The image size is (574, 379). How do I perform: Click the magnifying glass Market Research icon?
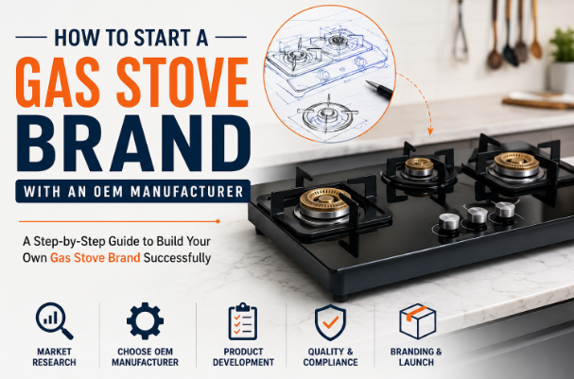tap(54, 320)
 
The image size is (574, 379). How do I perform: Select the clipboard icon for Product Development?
tap(243, 321)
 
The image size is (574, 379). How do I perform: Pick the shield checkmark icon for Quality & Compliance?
tap(330, 322)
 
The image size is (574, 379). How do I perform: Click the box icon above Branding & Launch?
tap(418, 321)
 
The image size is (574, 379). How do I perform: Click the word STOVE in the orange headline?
tap(183, 82)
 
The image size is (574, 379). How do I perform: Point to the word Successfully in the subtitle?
tap(177, 258)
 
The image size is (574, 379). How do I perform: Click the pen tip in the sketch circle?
tap(367, 82)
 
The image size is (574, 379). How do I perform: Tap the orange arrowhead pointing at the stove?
tap(430, 131)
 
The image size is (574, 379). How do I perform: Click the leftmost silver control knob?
tap(449, 222)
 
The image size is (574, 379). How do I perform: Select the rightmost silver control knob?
tap(505, 209)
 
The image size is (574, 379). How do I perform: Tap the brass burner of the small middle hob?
tap(419, 166)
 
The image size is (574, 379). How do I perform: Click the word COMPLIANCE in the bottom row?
tap(330, 363)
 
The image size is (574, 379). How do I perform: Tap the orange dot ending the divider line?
tap(217, 221)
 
